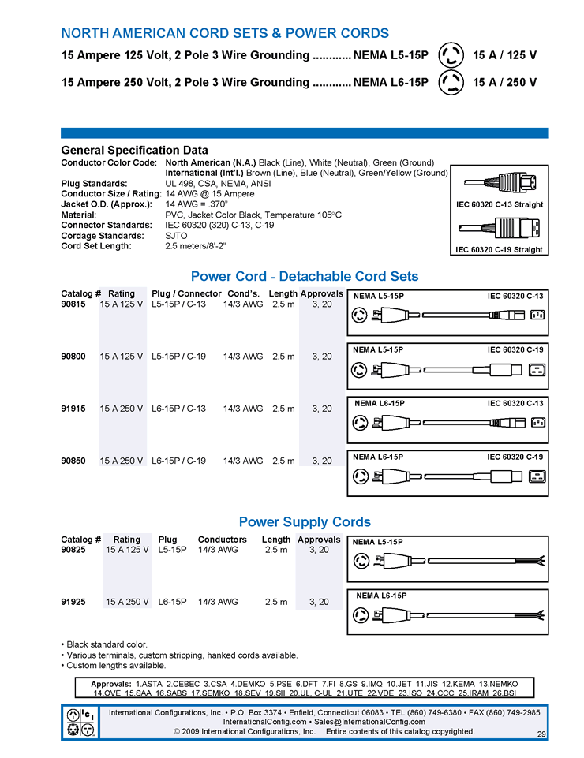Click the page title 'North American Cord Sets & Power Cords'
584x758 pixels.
225,33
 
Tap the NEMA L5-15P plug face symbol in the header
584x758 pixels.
451,56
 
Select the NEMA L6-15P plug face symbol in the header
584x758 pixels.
451,82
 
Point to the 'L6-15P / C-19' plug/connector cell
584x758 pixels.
179,461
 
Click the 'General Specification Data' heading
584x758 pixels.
134,150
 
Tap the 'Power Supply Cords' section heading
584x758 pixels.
305,521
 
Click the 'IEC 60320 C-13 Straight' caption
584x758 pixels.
500,205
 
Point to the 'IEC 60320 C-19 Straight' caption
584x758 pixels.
500,250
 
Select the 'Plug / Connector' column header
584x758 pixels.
186,293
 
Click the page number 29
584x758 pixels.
541,734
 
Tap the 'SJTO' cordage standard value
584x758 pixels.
176,235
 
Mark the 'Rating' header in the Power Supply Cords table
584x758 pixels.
127,540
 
